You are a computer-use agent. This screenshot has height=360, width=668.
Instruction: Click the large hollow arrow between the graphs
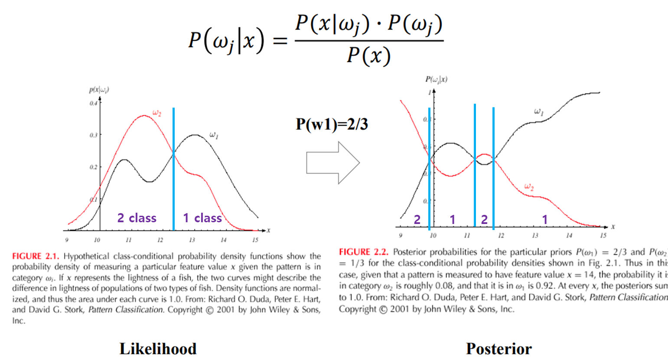coord(333,163)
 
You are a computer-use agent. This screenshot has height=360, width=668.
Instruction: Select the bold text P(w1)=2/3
coord(332,124)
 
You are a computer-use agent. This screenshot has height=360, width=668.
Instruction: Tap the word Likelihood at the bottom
coord(158,349)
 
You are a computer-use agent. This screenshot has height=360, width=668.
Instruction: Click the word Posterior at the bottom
coord(499,349)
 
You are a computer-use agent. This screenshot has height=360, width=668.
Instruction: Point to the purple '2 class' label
coord(137,217)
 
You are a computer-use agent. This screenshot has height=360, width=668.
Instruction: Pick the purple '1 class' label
coord(202,217)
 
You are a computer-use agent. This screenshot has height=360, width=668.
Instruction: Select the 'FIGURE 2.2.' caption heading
coord(363,252)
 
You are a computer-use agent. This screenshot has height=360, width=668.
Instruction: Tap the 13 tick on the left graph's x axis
coord(192,240)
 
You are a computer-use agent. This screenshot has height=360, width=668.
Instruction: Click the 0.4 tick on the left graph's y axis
coord(93,103)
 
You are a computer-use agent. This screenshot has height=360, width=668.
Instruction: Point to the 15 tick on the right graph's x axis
coord(603,235)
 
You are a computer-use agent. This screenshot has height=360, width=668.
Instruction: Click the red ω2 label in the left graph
coord(156,114)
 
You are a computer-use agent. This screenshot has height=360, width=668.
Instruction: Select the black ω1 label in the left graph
coord(214,135)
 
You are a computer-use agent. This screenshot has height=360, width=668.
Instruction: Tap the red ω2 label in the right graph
coord(529,187)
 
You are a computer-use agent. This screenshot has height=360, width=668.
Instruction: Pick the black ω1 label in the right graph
coord(538,112)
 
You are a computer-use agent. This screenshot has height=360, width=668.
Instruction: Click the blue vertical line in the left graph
coord(173,169)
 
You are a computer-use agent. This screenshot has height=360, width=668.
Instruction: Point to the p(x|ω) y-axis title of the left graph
coord(99,90)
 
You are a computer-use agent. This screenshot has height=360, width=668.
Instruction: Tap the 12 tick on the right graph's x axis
coord(501,235)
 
